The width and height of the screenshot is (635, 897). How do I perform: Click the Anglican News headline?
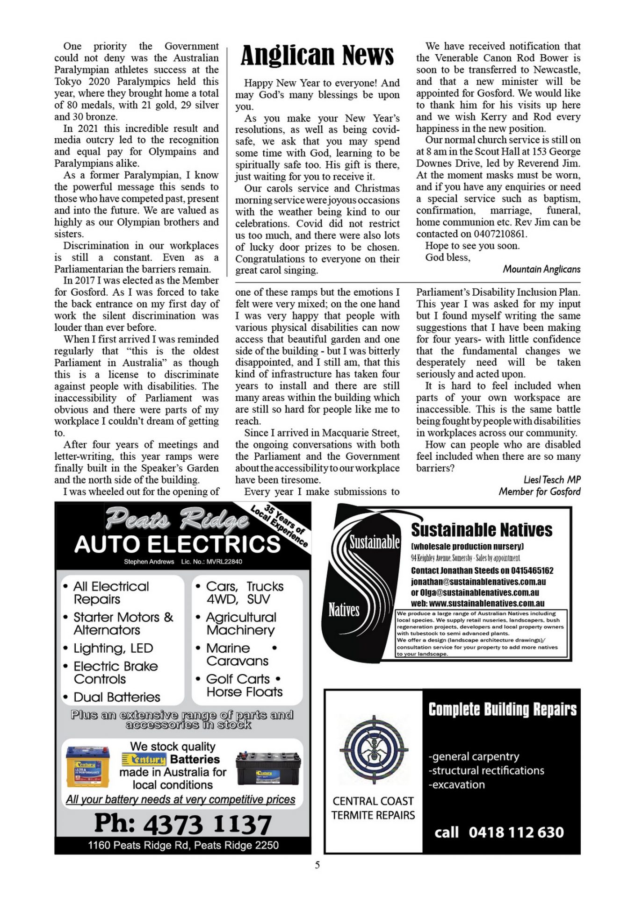point(317,56)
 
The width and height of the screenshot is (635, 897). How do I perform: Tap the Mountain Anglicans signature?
point(541,269)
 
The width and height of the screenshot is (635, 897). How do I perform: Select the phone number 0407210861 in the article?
point(499,234)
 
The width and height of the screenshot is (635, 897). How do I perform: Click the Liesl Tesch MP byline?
point(552,480)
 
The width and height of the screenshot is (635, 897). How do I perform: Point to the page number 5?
point(317,865)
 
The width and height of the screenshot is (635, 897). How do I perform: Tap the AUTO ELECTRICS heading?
point(177,544)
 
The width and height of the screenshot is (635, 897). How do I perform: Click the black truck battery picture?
point(268,768)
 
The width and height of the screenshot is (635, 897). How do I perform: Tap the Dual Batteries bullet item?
point(116,697)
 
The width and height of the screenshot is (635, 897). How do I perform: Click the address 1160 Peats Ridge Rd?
point(183,845)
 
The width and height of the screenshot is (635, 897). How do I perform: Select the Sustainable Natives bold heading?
point(481,530)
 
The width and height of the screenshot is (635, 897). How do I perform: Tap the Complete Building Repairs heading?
point(502,709)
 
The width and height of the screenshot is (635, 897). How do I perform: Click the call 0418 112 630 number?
point(499,832)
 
